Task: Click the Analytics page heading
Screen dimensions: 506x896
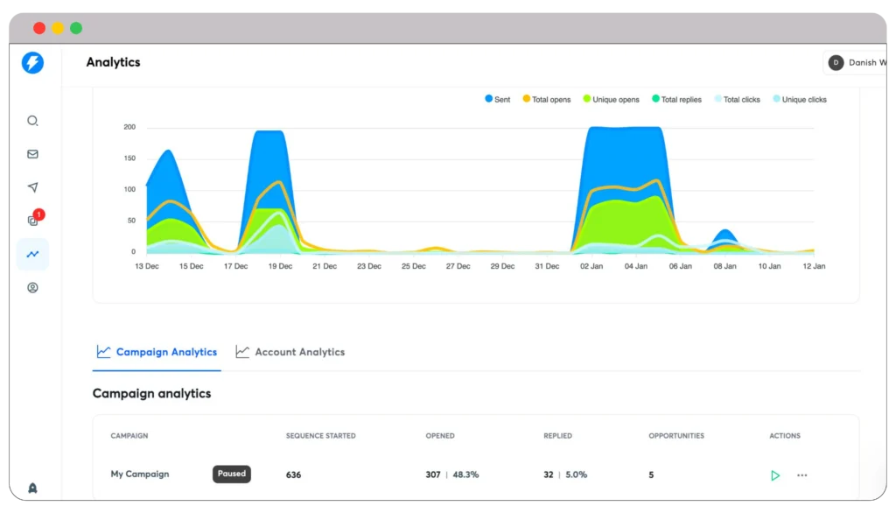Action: (113, 62)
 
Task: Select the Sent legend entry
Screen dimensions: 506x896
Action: (497, 100)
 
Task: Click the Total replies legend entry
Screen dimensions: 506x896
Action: (676, 100)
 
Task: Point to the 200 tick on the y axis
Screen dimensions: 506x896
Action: (129, 127)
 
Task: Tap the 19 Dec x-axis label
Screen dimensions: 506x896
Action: (280, 266)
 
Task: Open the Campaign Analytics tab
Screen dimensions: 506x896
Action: (157, 352)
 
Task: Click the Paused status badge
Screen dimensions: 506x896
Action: (232, 474)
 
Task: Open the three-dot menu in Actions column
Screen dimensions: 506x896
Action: (802, 475)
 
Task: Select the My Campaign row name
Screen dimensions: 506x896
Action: (140, 474)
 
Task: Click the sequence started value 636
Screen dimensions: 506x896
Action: (294, 475)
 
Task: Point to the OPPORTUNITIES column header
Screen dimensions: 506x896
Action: (676, 436)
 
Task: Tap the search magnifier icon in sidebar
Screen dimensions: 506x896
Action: (32, 121)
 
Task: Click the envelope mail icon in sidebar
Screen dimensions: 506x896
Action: (32, 154)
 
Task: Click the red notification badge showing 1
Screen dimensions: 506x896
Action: (38, 214)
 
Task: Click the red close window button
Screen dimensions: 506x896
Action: (39, 28)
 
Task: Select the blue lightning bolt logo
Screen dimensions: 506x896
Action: (32, 62)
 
